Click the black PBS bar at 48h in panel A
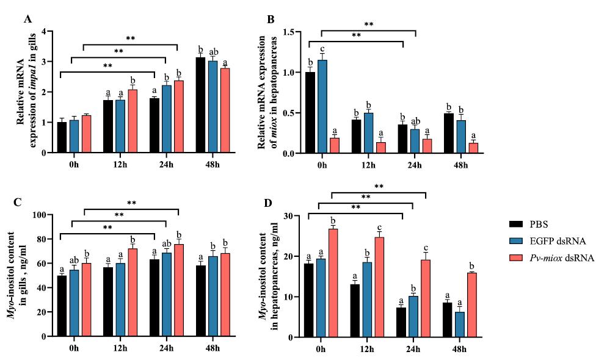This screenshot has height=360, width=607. coord(200,105)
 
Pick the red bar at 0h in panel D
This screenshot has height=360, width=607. coord(333,283)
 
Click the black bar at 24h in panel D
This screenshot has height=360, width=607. coord(400,322)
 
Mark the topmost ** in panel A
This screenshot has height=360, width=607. coord(130,38)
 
